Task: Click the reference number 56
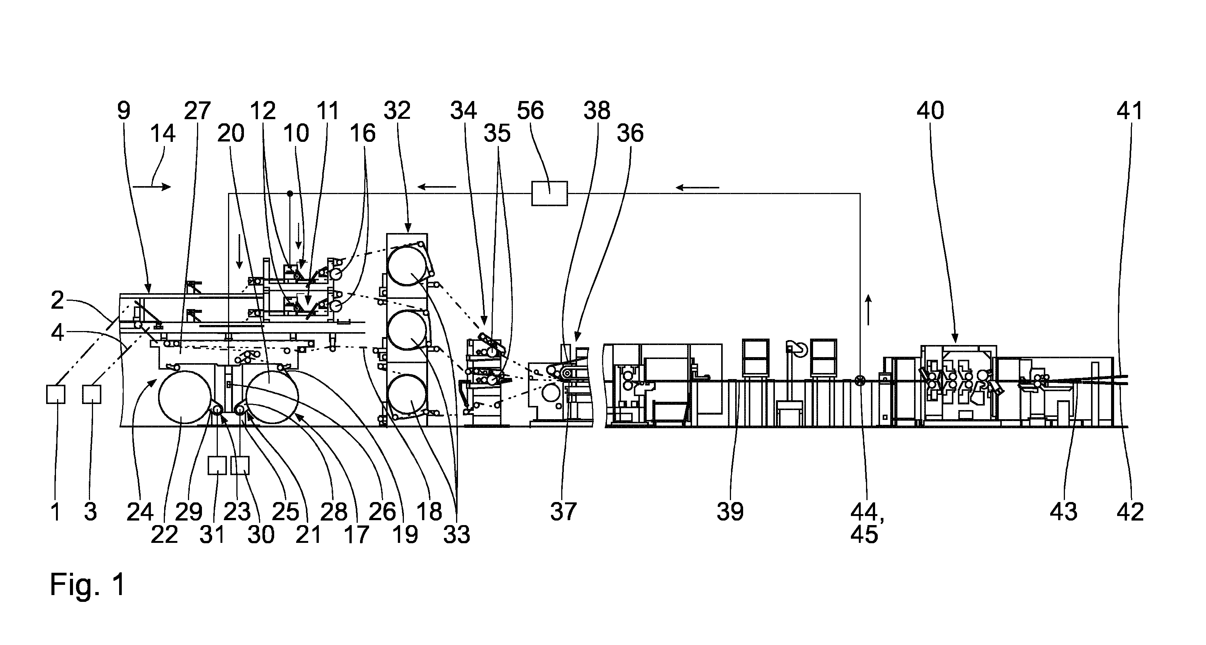(x=531, y=111)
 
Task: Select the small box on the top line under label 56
(x=549, y=193)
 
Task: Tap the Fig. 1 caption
(x=88, y=584)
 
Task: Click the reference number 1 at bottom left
(x=56, y=511)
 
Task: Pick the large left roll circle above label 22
(x=185, y=397)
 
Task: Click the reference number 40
(x=930, y=111)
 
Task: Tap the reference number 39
(x=730, y=511)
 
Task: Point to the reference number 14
(x=163, y=134)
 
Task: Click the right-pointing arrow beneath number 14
(x=152, y=187)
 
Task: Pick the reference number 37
(x=563, y=511)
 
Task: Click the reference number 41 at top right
(x=1130, y=111)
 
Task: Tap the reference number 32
(x=397, y=111)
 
